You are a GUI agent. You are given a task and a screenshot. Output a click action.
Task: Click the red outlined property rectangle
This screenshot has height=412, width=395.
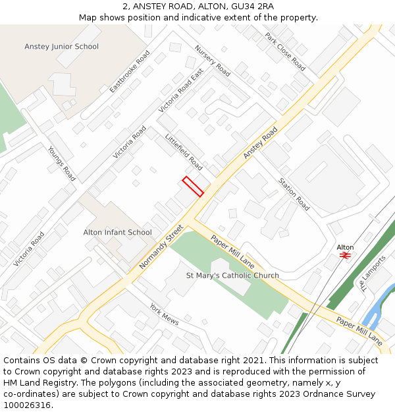click(193, 187)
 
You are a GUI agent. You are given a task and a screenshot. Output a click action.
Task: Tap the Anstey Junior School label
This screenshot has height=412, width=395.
click(61, 47)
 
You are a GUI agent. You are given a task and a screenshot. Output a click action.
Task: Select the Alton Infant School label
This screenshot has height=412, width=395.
click(117, 233)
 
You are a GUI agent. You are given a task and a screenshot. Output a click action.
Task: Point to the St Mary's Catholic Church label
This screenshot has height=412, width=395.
click(232, 276)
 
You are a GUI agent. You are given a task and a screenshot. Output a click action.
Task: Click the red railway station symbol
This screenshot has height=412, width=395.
click(345, 255)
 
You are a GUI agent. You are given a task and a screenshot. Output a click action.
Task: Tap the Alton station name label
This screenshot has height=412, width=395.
click(345, 247)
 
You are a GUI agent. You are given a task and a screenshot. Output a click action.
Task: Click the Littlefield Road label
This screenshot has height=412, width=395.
click(184, 152)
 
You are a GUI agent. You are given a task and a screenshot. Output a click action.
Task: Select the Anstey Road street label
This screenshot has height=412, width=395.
click(261, 142)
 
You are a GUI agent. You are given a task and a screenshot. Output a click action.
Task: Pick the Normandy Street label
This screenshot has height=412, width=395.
click(161, 247)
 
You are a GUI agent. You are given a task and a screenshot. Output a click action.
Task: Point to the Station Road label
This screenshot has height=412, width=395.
click(294, 194)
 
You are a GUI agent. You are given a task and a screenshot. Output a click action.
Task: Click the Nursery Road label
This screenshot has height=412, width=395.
click(213, 61)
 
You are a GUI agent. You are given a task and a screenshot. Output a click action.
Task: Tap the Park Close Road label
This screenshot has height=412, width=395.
click(285, 52)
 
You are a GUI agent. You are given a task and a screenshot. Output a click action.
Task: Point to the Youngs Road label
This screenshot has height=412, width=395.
click(62, 163)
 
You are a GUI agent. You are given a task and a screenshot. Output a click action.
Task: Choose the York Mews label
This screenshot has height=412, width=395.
click(164, 314)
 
